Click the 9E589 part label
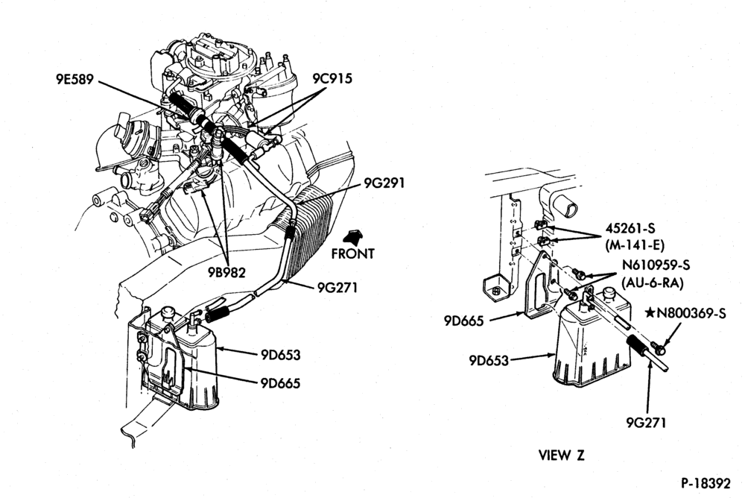coord(73,79)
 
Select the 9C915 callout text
coord(332,78)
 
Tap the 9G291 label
coord(384,182)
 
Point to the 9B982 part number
coord(226,272)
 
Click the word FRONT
coord(352,254)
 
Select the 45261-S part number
coord(630,228)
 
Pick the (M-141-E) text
coord(635,246)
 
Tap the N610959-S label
coord(656,265)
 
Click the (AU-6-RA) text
coord(653,283)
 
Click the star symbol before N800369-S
coord(650,312)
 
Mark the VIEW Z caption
coord(561,456)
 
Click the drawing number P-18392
coord(706,484)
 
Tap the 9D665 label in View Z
coord(463,321)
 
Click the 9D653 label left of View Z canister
coord(489,361)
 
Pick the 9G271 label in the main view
coord(337,287)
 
